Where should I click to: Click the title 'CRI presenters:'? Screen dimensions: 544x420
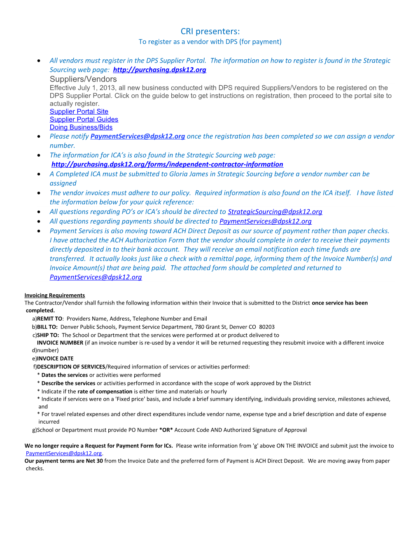coord(210,31)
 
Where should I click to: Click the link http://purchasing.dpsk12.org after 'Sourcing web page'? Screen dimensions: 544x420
coord(159,70)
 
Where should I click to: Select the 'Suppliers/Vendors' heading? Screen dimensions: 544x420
coord(83,79)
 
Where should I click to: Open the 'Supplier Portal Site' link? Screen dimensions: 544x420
coord(79,111)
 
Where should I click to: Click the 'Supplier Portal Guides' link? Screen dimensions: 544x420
coord(84,119)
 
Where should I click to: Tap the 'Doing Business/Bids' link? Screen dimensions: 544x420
coord(81,127)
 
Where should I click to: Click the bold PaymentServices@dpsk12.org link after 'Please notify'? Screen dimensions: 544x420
coord(138,136)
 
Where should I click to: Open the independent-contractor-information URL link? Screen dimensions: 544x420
coord(167,164)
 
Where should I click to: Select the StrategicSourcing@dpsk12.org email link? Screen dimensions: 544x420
coord(275,211)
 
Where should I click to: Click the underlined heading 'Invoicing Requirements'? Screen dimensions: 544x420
coord(55,295)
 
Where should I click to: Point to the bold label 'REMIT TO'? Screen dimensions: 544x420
coord(49,319)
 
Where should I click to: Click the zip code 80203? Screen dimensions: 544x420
coord(267,327)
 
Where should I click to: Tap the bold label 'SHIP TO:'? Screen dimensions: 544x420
coord(48,335)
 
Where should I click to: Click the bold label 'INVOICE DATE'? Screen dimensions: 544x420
coord(55,359)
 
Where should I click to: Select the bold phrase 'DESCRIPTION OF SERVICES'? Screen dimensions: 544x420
coord(71,367)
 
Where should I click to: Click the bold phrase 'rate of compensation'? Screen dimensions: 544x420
coord(105,392)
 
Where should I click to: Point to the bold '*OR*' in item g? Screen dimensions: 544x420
coord(166,430)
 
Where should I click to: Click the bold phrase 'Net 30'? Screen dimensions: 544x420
coord(94,461)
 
